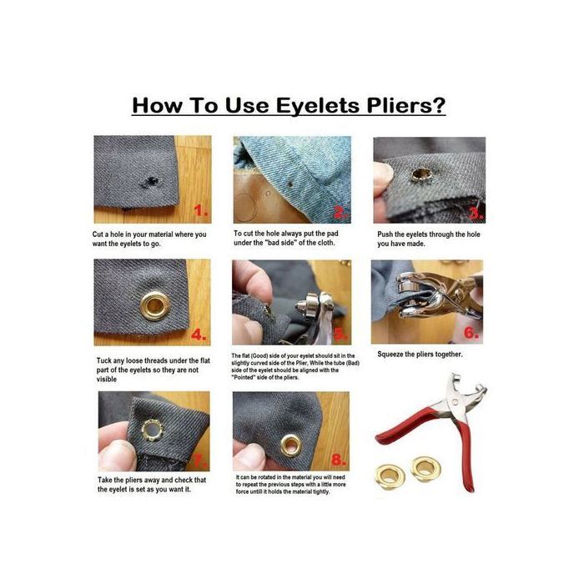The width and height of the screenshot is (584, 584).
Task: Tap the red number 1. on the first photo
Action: pos(200,209)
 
